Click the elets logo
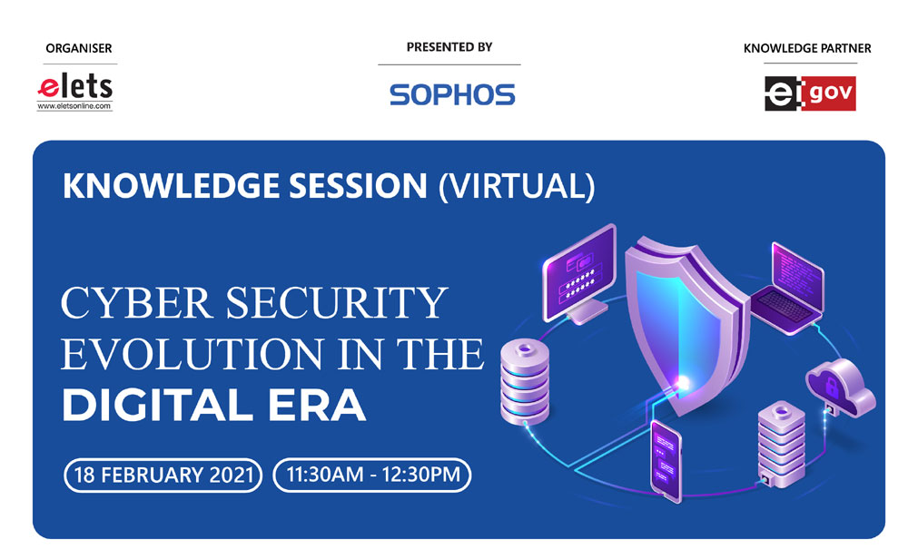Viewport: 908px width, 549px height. [74, 92]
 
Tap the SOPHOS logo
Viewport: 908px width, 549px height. [452, 95]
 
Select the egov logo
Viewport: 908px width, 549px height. [810, 93]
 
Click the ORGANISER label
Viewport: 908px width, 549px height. [79, 49]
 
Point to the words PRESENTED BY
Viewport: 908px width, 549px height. [449, 47]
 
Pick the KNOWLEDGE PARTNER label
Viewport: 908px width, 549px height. [807, 49]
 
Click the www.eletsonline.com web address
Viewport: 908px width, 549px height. [74, 106]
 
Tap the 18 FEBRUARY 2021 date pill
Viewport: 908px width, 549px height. [163, 475]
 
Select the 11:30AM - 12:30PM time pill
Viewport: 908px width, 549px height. [372, 475]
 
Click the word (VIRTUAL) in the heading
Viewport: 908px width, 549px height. [517, 186]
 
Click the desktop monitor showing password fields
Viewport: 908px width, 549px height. [579, 274]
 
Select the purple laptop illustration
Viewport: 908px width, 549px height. [788, 289]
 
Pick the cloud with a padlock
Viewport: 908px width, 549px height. [840, 386]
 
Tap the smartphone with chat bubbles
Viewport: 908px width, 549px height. [666, 460]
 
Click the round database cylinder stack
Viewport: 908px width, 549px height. [525, 382]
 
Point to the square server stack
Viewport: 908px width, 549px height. [781, 443]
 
